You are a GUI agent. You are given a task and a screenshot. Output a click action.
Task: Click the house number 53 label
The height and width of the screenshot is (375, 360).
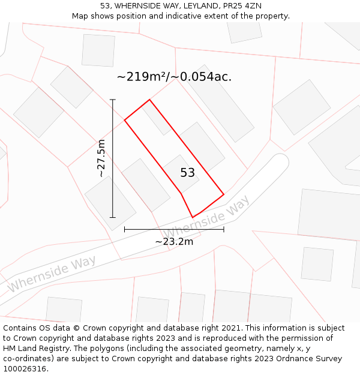(x=187, y=173)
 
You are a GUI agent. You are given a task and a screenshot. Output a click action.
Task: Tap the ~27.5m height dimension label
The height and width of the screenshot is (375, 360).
(x=101, y=158)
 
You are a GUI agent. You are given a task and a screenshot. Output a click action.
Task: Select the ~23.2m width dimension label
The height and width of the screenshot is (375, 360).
(x=174, y=241)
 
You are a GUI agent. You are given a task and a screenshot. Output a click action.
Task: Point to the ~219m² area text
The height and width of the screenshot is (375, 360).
(x=142, y=77)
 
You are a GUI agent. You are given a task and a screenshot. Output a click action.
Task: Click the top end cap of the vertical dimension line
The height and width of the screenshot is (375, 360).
(x=113, y=100)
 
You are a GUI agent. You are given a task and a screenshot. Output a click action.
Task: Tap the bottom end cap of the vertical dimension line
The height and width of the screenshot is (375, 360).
(x=113, y=217)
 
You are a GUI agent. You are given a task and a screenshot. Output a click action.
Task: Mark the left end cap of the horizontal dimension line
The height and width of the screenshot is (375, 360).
(x=124, y=229)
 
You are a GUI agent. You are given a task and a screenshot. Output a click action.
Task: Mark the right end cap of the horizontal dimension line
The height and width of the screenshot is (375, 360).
(x=224, y=229)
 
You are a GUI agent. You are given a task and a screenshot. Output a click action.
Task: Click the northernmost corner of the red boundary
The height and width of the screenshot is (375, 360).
(x=149, y=100)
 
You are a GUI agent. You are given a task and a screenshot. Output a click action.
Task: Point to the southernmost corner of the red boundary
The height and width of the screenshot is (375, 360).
(x=193, y=217)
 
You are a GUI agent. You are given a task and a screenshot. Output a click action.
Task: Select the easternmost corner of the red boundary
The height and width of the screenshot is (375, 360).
(x=224, y=194)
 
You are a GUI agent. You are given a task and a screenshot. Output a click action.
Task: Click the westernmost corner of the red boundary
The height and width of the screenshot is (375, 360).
(x=125, y=121)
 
